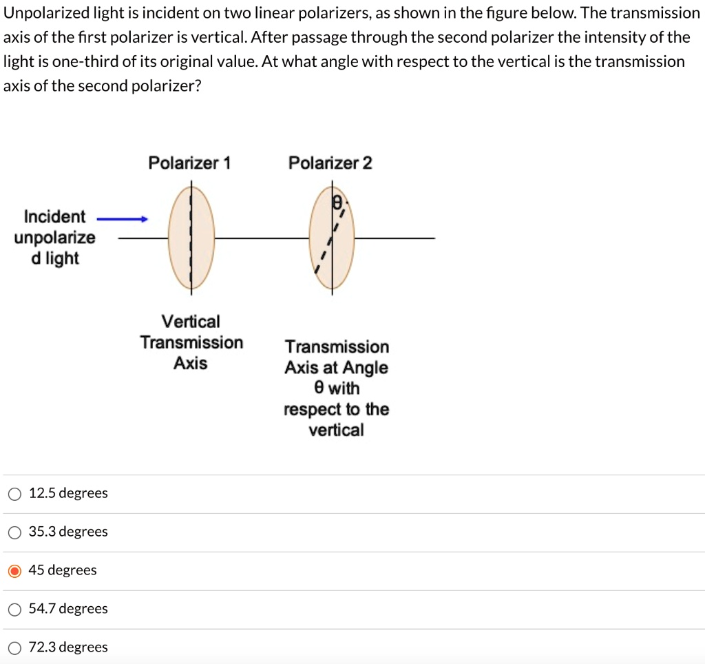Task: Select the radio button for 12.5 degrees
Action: coord(14,493)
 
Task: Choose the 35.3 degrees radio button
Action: coord(14,532)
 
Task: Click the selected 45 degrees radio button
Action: coord(14,570)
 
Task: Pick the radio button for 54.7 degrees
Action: coord(14,609)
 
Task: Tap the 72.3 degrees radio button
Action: coord(14,647)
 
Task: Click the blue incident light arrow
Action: coord(123,220)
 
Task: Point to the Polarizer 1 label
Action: coord(190,163)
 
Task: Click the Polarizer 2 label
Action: coord(330,163)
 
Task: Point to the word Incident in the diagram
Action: coord(55,217)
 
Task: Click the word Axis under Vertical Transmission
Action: coord(191,363)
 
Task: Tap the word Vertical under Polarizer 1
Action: coord(191,322)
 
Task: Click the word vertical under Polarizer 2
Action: coord(336,430)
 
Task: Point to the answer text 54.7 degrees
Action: coord(68,609)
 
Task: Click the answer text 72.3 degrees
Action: coord(68,647)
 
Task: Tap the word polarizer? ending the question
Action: coord(166,87)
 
